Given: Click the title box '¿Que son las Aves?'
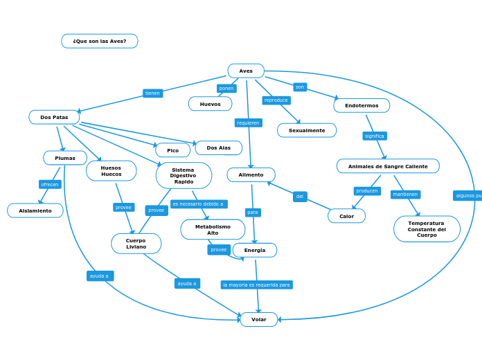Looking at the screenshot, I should point(100,42).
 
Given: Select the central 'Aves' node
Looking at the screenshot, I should point(246,71).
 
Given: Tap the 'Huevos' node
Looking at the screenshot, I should point(210,104).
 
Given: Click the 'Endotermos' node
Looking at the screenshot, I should point(361,106).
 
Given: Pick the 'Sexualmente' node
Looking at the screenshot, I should point(307,130).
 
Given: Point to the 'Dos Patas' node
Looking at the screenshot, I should point(54,118).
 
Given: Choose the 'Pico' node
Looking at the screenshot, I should point(172,150).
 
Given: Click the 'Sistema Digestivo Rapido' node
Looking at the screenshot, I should point(184,176).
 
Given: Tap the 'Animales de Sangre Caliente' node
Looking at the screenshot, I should point(388,167).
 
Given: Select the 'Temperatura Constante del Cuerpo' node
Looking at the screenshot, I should point(427,229).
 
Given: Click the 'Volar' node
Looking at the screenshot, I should point(259,320).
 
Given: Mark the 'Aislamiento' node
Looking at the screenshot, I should point(35,210).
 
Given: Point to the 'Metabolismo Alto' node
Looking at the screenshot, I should point(213,230).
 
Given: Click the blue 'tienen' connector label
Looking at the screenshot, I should point(152,93).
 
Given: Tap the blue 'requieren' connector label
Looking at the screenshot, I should point(248,123).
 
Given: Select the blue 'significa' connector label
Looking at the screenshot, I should point(375,136).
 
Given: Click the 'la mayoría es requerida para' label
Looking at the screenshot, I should point(256,285).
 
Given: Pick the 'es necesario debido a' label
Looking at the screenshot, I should point(198,204).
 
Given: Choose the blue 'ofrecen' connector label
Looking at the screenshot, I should point(50,185).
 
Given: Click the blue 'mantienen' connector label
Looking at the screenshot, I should point(405,195).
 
